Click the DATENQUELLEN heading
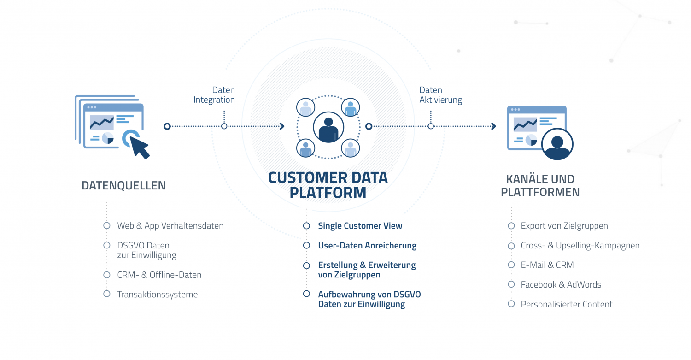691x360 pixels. click(123, 186)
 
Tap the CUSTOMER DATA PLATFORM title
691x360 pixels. click(328, 185)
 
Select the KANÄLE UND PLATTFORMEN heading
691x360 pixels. click(540, 185)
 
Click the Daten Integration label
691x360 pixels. click(214, 95)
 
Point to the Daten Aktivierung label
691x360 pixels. click(440, 95)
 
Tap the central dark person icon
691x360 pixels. click(328, 127)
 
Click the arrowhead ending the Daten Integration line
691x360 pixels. click(281, 126)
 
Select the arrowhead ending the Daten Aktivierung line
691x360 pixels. click(493, 126)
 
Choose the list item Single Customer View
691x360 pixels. click(360, 226)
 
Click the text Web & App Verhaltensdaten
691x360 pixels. click(170, 226)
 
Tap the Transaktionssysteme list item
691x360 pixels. click(158, 294)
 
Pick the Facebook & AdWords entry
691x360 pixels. click(561, 284)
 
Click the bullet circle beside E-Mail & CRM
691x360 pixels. click(511, 265)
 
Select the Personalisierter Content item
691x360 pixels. click(566, 304)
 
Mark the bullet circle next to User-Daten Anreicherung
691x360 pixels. click(306, 245)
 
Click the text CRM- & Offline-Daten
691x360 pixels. click(159, 275)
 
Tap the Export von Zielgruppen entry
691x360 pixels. click(564, 226)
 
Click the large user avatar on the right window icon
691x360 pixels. click(557, 144)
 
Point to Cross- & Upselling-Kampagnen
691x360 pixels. click(580, 245)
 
